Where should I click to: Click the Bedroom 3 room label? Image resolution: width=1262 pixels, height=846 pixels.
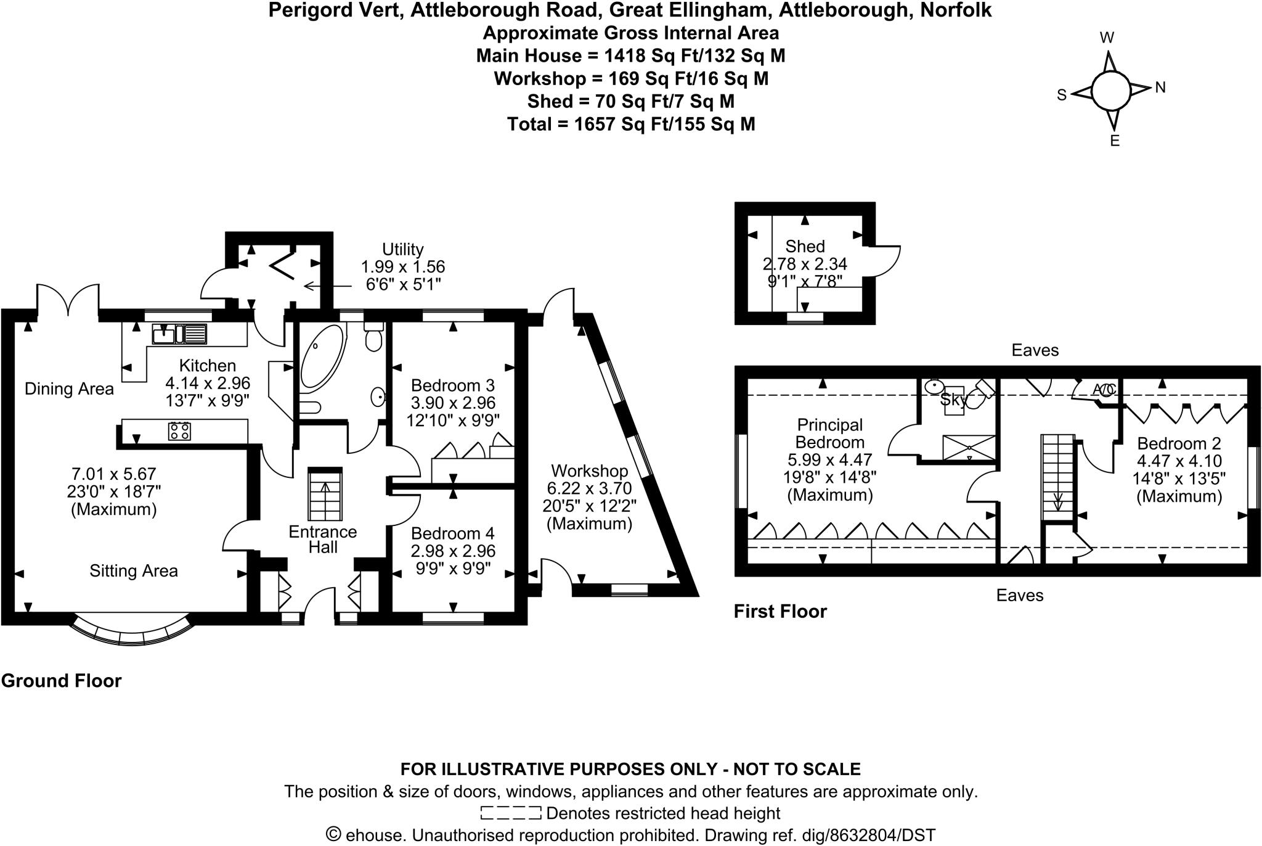(x=452, y=385)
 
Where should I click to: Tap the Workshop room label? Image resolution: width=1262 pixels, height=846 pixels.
(x=589, y=471)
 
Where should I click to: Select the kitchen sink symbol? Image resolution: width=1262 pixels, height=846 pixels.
(x=179, y=334)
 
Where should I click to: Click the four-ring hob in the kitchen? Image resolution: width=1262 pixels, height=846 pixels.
(x=179, y=431)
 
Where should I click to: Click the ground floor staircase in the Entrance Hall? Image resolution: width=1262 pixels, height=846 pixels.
(x=325, y=495)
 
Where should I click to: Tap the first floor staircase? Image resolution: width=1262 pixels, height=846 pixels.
(x=1057, y=477)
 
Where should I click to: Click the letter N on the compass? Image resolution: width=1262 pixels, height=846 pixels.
(x=1160, y=88)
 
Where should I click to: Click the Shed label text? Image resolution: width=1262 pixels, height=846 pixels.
(x=805, y=247)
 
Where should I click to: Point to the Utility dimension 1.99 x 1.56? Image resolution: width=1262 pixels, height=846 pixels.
(x=402, y=267)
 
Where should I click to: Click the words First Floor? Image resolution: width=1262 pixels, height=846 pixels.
(x=780, y=611)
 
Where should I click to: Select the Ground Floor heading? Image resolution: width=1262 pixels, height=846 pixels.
(x=62, y=681)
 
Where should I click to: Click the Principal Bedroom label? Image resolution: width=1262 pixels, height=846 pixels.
(x=829, y=433)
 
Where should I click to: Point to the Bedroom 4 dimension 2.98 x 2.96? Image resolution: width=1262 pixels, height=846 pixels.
(x=453, y=550)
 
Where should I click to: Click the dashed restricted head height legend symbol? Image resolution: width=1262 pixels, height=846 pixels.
(x=511, y=813)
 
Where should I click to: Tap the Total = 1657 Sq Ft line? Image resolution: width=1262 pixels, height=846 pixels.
(x=631, y=125)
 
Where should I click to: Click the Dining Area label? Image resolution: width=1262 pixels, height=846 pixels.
(x=69, y=389)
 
